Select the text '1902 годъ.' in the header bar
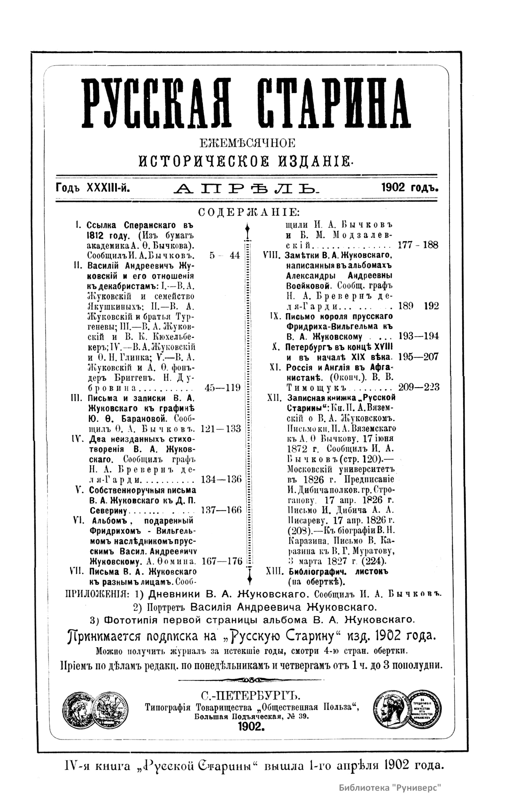[x=409, y=187]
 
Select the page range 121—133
[x=221, y=429]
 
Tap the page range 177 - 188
[x=418, y=245]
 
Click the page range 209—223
[x=418, y=387]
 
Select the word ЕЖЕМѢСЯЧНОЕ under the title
[x=248, y=143]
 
